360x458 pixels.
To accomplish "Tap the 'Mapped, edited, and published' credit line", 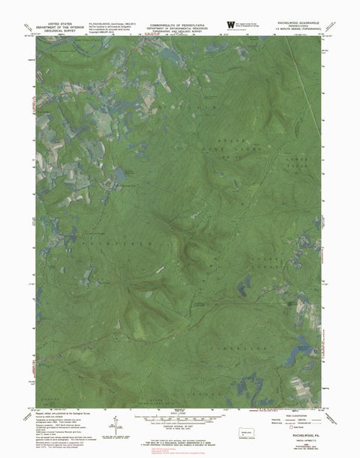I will pyautogui.click(x=56, y=414).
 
